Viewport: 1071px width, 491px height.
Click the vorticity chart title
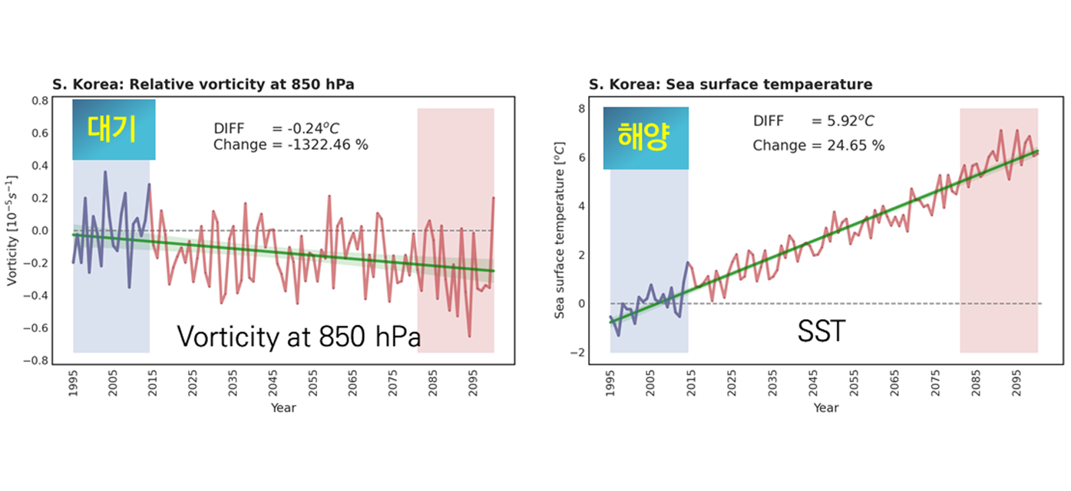203,84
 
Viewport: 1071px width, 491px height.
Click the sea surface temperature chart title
731,84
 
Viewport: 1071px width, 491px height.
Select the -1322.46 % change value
328,145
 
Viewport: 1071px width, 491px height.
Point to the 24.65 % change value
856,145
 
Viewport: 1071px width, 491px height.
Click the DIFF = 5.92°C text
813,121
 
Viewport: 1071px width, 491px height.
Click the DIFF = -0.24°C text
276,128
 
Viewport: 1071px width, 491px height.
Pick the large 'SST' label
821,331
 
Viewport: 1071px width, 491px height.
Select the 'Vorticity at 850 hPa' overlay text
299,336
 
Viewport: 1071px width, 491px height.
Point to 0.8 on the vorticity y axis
40,101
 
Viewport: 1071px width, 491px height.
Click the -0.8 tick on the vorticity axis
36,361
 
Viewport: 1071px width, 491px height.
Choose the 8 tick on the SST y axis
581,108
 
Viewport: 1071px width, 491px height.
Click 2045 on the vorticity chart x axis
273,383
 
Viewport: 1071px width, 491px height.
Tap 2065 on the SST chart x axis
894,383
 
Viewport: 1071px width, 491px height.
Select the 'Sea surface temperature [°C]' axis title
560,230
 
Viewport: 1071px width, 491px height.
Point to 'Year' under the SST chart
826,408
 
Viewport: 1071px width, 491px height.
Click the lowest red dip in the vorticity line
470,336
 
